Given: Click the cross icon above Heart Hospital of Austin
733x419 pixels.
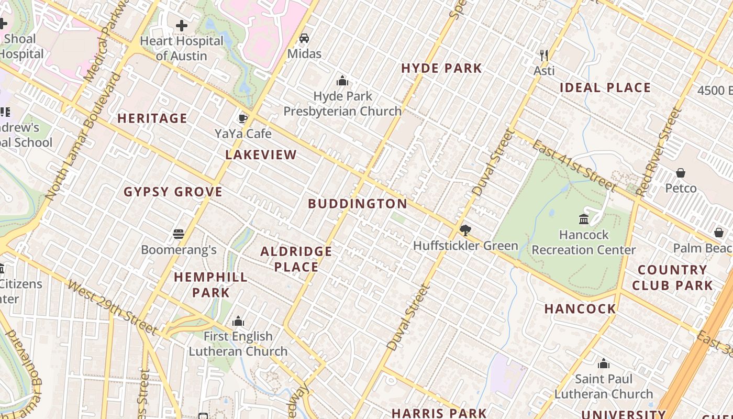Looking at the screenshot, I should coord(182,25).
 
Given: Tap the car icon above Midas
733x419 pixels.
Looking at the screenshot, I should coord(304,38).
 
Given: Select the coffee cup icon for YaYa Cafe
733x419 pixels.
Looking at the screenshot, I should coord(242,118).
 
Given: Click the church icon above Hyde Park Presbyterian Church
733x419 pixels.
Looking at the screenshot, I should coord(342,81).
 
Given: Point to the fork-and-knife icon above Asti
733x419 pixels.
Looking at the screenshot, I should coord(544,55).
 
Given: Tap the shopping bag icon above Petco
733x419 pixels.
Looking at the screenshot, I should coord(680,172).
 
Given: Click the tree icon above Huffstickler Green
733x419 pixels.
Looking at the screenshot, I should coord(465,230).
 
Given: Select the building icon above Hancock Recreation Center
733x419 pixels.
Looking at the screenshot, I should coord(584,219).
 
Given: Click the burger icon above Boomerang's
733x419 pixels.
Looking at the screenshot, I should coord(179,234).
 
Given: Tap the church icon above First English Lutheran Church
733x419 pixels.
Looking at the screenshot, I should coord(238,321).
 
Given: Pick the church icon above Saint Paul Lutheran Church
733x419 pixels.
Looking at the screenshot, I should coord(604,363).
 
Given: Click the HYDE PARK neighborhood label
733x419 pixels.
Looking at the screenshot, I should coord(441,68).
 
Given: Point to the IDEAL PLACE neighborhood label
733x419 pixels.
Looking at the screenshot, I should coord(605,87).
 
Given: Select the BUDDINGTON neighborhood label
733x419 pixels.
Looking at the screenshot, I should coord(358,204).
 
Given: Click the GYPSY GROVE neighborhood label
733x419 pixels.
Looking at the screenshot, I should coord(173,192).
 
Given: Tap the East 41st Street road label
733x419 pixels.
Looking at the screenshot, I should coord(574,165).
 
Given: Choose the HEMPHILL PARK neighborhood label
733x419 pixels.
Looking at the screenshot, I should coord(210,284).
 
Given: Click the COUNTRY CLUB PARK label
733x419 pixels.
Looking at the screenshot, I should coord(672,278).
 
